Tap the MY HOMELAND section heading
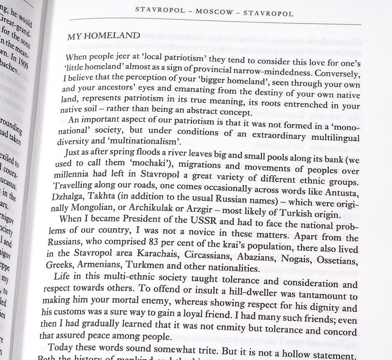point(103,36)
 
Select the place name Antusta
point(342,194)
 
